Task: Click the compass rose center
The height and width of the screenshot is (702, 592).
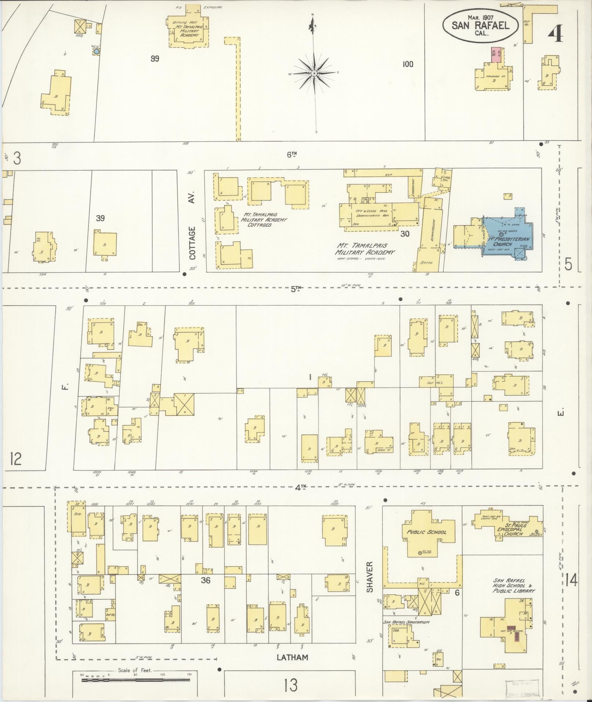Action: (x=314, y=74)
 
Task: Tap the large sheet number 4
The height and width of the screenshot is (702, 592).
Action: (x=556, y=36)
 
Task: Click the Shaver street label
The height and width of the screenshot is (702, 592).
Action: (x=369, y=582)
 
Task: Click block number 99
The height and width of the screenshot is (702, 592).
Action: (x=155, y=58)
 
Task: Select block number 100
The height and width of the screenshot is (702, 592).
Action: (x=407, y=64)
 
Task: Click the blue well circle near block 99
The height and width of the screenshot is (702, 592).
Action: (x=96, y=52)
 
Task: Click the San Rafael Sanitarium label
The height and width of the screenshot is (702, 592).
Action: (x=406, y=622)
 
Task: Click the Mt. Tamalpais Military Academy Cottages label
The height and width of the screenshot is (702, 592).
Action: (x=264, y=219)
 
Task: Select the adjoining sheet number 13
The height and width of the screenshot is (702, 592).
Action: (x=291, y=685)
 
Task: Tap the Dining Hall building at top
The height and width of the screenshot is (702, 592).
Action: (x=187, y=29)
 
